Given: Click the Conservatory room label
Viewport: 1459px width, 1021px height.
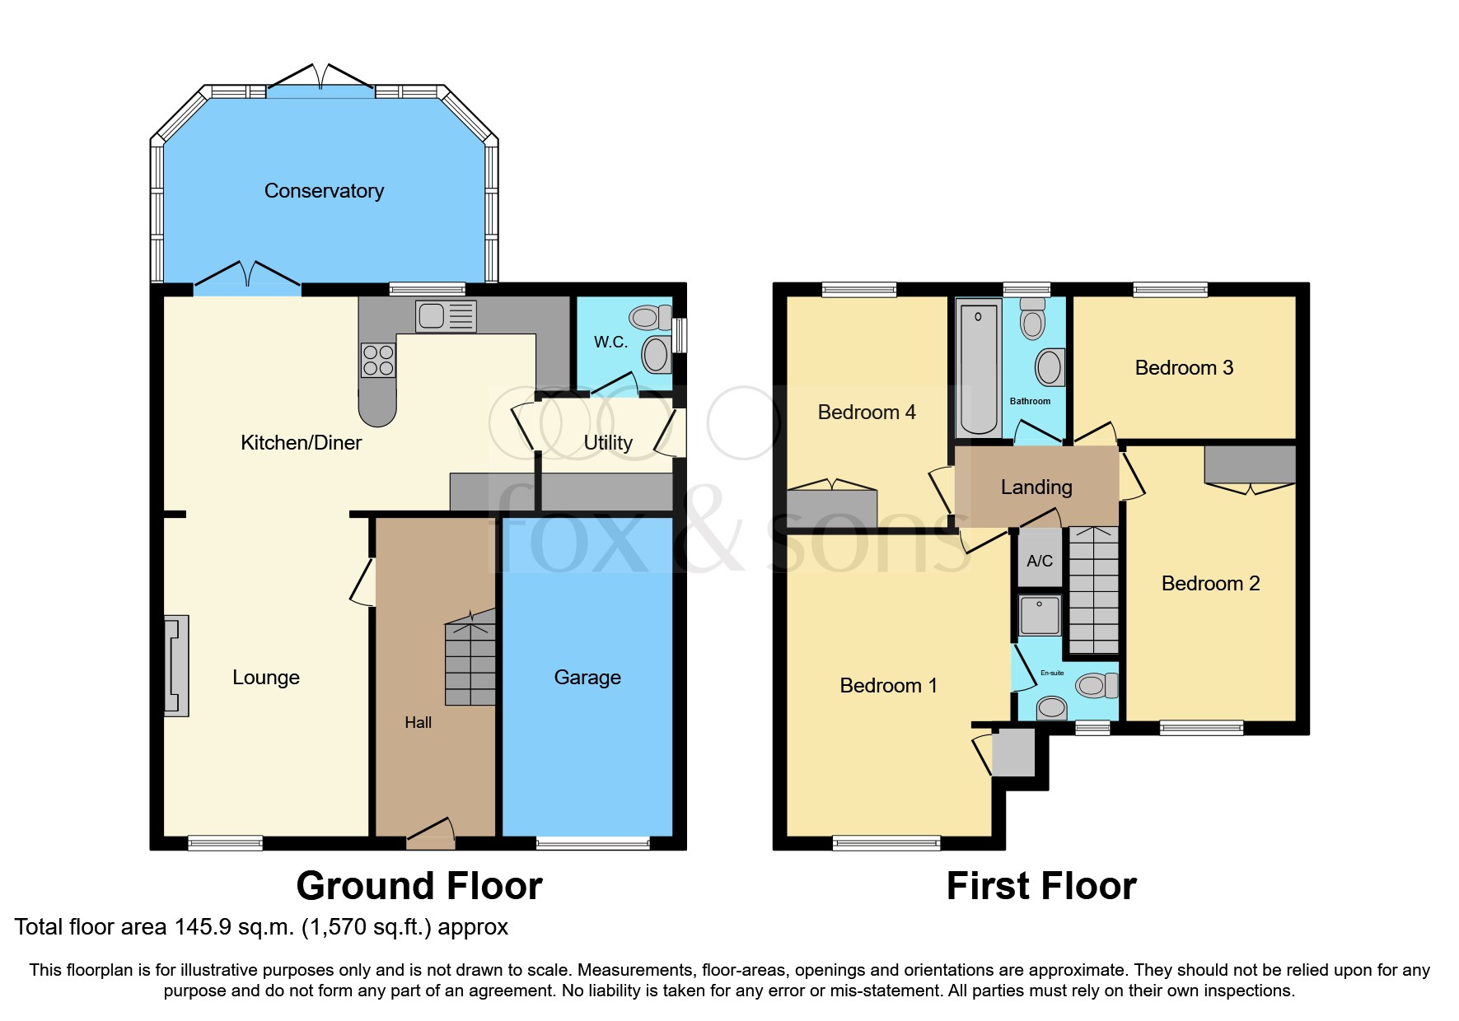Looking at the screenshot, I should pyautogui.click(x=324, y=191).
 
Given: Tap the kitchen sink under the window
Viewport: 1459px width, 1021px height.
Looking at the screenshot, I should pyautogui.click(x=446, y=316).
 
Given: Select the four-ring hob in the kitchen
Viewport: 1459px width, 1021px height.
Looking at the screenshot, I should pyautogui.click(x=378, y=361).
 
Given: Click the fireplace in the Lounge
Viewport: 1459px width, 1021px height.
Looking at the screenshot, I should pyautogui.click(x=176, y=665).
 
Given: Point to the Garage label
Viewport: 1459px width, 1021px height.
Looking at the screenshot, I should pyautogui.click(x=587, y=678).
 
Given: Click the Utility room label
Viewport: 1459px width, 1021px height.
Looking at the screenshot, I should pyautogui.click(x=608, y=443).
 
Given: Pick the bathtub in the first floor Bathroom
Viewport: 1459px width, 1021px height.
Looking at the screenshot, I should pyautogui.click(x=978, y=367).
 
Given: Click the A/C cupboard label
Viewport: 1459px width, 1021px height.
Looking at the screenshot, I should pyautogui.click(x=1040, y=562).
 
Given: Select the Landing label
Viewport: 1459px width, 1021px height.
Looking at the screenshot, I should pyautogui.click(x=1036, y=487).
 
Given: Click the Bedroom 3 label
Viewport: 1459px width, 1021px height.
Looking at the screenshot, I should pyautogui.click(x=1184, y=368).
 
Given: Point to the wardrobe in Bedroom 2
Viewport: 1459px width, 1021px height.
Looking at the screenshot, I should pyautogui.click(x=1250, y=465).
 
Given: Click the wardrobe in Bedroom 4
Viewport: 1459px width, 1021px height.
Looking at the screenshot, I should pyautogui.click(x=832, y=508).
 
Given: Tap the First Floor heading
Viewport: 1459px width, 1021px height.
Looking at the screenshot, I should pyautogui.click(x=1041, y=887).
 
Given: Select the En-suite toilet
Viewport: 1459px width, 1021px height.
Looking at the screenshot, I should pyautogui.click(x=1095, y=685).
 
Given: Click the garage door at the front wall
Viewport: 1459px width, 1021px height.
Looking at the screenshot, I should pyautogui.click(x=592, y=842).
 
